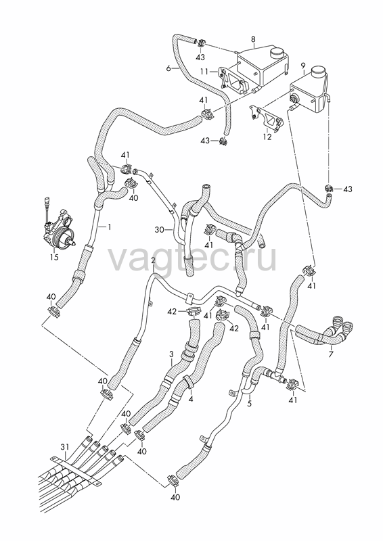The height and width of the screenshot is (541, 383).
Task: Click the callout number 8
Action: pyautogui.click(x=253, y=39)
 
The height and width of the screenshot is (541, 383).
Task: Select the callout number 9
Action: pyautogui.click(x=303, y=65)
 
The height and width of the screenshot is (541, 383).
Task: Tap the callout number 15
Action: pyautogui.click(x=54, y=257)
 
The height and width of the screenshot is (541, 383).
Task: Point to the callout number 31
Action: pyautogui.click(x=65, y=447)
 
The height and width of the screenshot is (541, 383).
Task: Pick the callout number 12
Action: pyautogui.click(x=267, y=137)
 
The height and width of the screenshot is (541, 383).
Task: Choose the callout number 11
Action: pyautogui.click(x=204, y=72)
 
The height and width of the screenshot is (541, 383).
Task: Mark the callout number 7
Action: pyautogui.click(x=331, y=354)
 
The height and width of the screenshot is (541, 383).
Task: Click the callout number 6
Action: pyautogui.click(x=168, y=68)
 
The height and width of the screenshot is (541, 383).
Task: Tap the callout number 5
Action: pyautogui.click(x=249, y=404)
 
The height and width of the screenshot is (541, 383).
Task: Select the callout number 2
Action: pyautogui.click(x=153, y=260)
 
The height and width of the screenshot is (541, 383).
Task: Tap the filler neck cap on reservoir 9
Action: pyautogui.click(x=319, y=72)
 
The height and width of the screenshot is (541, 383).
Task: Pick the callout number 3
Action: pyautogui.click(x=171, y=354)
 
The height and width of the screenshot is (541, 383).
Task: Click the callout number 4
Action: pyautogui.click(x=190, y=399)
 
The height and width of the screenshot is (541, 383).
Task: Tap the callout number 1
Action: pyautogui.click(x=109, y=227)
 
